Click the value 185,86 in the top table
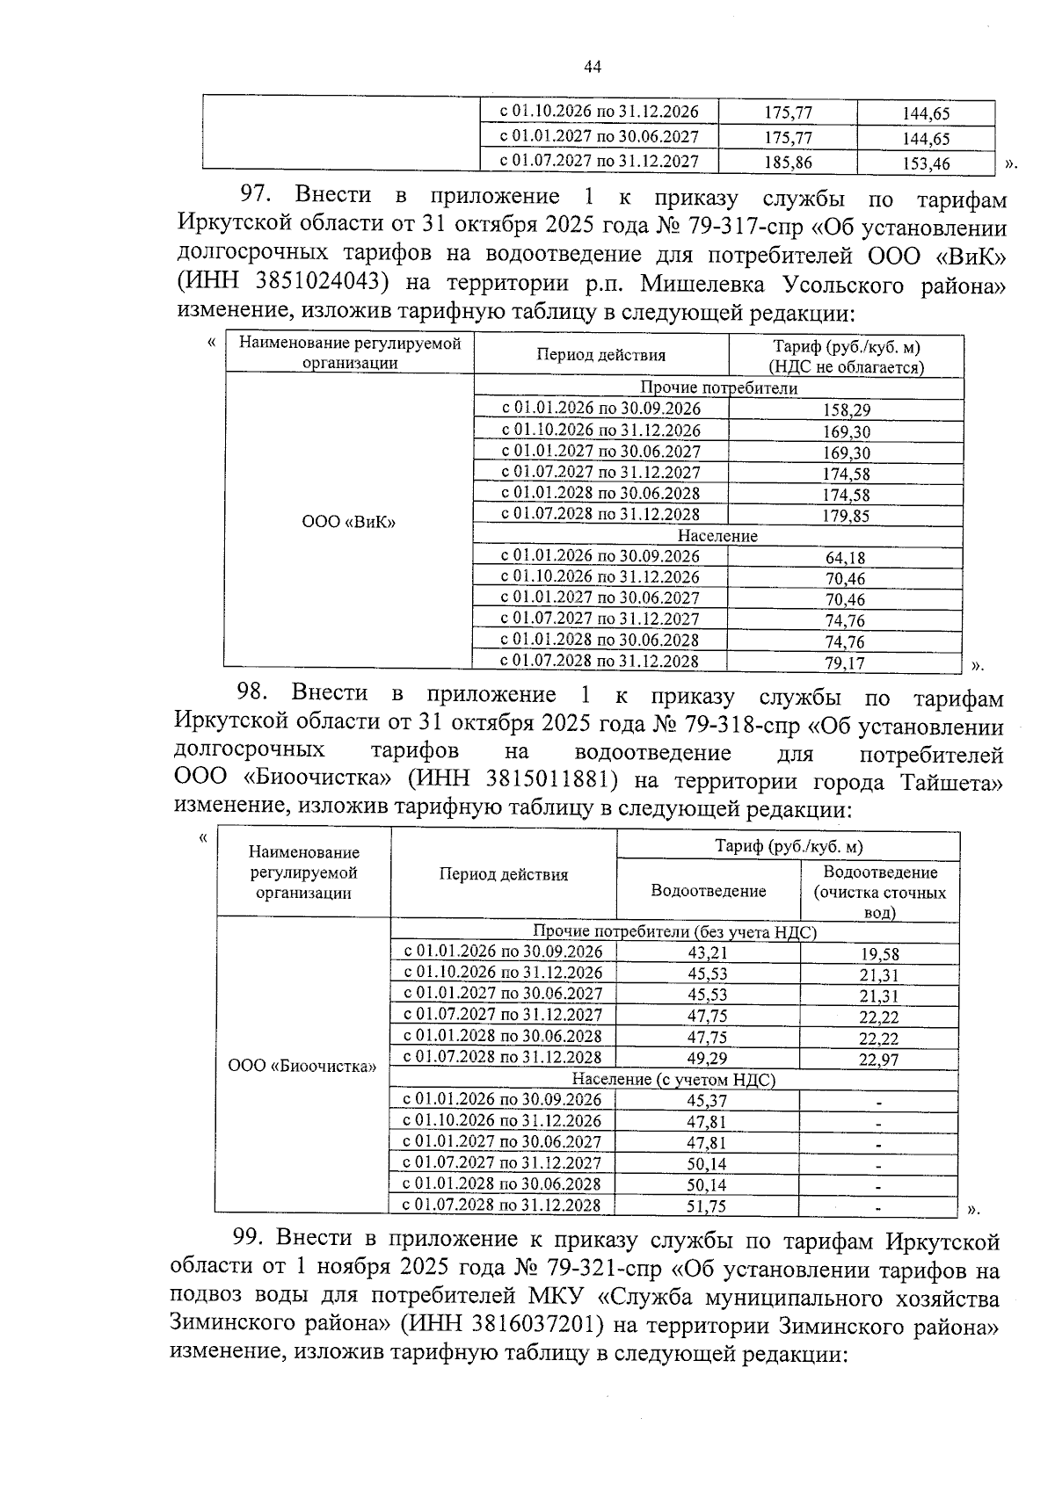click(x=789, y=162)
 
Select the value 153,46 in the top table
click(x=926, y=163)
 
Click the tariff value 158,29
click(x=846, y=409)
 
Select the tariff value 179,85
click(x=846, y=516)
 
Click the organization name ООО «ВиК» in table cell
click(x=349, y=522)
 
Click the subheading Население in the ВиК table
click(x=717, y=536)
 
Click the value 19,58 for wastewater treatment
click(x=879, y=953)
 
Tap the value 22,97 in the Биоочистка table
click(x=879, y=1060)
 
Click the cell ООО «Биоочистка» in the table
click(x=302, y=1067)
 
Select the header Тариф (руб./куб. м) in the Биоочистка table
click(x=788, y=847)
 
